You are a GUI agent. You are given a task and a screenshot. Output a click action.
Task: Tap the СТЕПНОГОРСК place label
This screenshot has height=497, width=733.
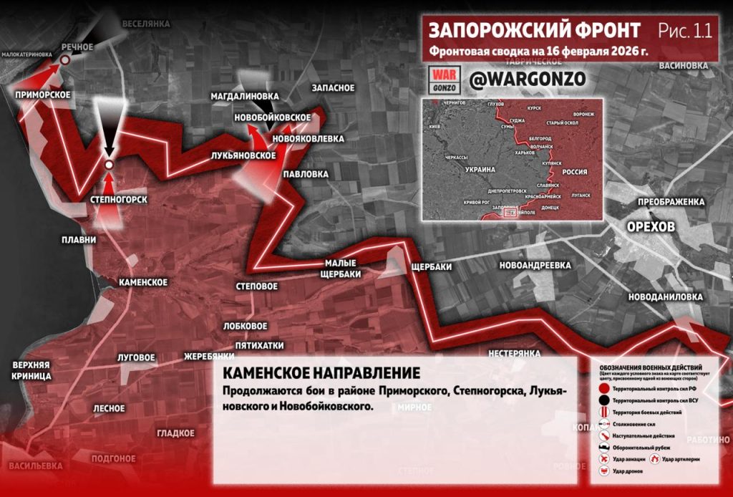pos(120,200)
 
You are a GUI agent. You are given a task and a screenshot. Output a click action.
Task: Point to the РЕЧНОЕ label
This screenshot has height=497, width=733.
pos(77,47)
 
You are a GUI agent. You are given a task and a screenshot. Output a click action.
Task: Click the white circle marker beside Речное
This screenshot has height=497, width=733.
pos(64,61)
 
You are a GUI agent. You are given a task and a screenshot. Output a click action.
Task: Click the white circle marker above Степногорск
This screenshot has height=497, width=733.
pos(109,165)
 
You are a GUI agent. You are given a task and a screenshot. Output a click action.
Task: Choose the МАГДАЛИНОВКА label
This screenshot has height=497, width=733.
pos(244,96)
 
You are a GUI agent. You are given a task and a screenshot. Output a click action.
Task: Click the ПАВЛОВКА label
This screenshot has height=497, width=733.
pos(306,174)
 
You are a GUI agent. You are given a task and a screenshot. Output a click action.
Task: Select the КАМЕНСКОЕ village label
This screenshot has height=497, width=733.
pos(143,282)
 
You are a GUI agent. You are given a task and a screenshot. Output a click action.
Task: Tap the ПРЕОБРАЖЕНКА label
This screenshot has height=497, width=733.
pos(671,202)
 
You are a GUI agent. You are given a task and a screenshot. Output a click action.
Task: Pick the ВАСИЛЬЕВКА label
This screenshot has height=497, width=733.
pos(35,465)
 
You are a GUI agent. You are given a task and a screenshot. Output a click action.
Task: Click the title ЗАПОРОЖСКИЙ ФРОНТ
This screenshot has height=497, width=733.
pos(535,31)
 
